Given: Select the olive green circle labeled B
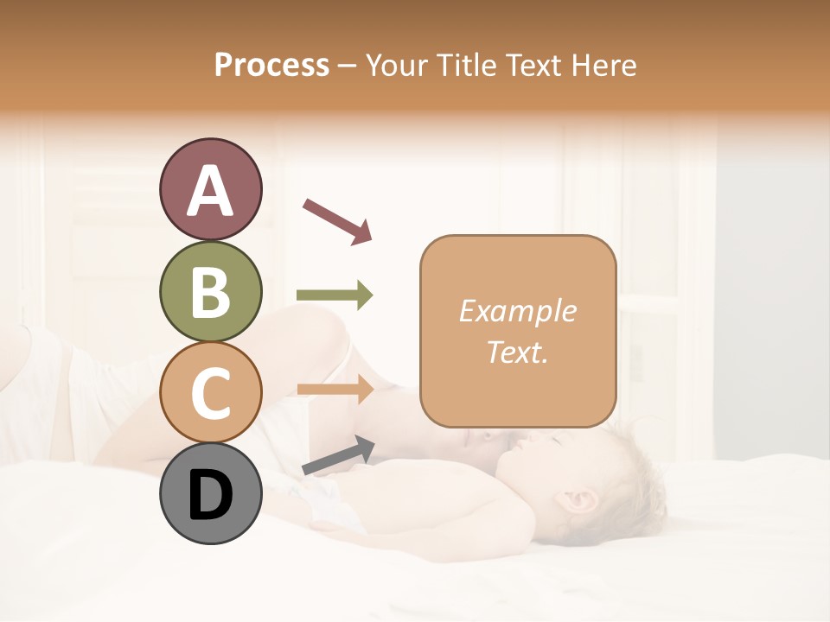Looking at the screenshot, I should coord(210,291).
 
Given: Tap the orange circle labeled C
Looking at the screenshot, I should coord(210,392).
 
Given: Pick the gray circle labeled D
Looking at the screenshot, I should coord(210,493).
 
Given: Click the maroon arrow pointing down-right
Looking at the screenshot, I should coord(336,220).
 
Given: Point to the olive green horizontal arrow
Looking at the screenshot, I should coord(335,295).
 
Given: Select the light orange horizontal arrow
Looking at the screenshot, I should coord(335,390).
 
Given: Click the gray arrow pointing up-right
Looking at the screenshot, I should coord(337,455).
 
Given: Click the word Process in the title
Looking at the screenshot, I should coord(271,66).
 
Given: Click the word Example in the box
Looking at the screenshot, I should coord(517,311).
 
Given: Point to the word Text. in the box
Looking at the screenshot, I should coord(517,352).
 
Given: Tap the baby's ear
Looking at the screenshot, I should coord(578,501).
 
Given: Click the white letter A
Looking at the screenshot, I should coord(210,191).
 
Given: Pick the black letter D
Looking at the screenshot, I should coord(210,495).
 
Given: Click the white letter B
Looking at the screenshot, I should coord(210,292).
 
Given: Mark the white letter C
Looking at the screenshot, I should coord(210,394).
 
